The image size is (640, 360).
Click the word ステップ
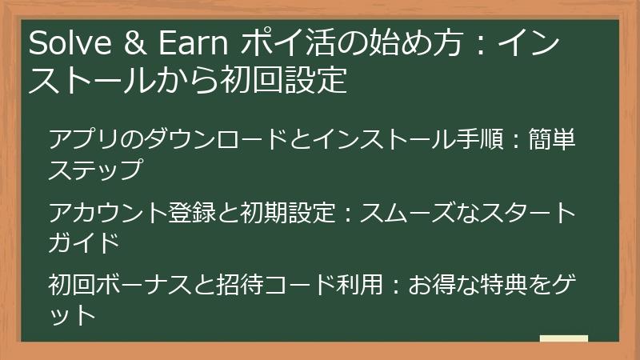(95, 170)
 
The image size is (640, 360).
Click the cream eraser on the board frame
(563, 338)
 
